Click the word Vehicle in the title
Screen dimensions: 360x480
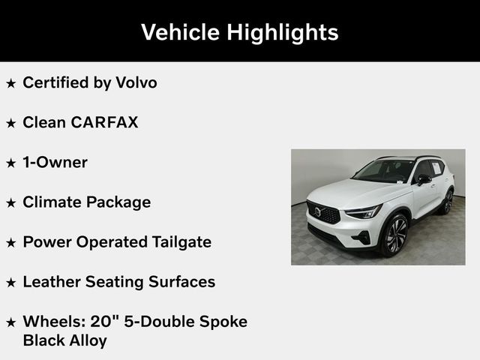(178, 32)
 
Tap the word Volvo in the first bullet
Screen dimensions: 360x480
(136, 82)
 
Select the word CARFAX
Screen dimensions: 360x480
(104, 122)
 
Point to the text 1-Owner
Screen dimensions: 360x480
(55, 162)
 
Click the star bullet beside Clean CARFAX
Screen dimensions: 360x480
(10, 123)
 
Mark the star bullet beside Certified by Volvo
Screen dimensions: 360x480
(10, 83)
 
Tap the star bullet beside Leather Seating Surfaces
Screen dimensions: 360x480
(10, 283)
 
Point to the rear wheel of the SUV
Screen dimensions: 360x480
(448, 202)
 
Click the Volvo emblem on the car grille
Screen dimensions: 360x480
(317, 212)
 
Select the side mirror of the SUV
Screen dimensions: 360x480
(423, 179)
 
